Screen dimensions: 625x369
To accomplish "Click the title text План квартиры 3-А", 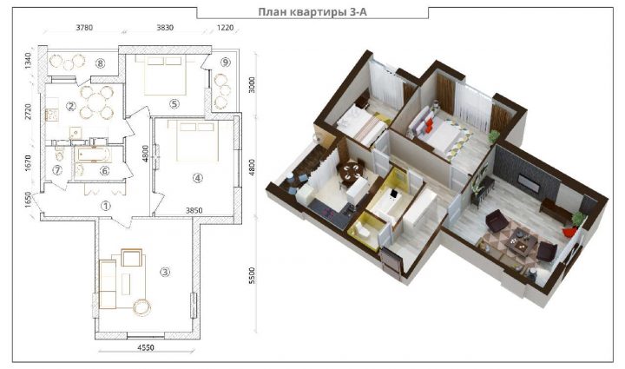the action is pos(312,12).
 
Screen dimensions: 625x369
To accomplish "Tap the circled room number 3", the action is pos(165,272).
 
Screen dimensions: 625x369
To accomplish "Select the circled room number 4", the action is pos(198,178).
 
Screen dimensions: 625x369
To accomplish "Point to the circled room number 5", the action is pos(174,104).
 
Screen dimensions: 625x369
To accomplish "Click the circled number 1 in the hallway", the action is pos(106,206).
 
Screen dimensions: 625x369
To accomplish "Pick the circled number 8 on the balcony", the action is pos(101,63).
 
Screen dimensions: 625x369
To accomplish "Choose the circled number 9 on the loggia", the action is pos(226,63).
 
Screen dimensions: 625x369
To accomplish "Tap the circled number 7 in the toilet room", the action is pos(57,170).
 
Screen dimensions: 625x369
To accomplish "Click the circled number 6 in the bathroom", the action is pos(104,171).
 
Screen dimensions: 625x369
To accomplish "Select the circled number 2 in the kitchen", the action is pos(71,106).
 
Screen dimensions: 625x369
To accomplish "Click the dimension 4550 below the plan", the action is pos(146,347).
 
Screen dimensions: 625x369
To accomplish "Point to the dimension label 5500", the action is pos(252,275).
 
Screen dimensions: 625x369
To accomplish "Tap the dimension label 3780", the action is pos(84,28).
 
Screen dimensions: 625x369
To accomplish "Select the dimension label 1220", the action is pos(225,28).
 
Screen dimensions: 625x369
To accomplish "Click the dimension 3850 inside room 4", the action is pos(194,210).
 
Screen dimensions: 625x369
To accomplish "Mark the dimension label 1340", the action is pos(28,61).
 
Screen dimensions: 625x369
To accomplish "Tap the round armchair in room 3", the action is pos(141,307).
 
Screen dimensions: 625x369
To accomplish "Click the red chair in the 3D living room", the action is pos(569,232).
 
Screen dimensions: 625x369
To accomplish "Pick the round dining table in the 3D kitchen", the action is pos(352,170).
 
